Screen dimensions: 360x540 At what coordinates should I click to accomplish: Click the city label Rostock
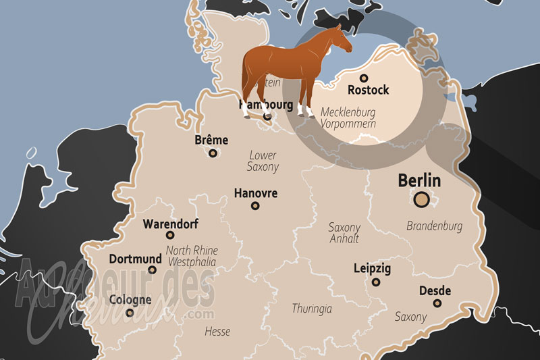[368, 90]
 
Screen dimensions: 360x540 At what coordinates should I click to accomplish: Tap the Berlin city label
[419, 181]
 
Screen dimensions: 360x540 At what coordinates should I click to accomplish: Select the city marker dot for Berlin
[423, 199]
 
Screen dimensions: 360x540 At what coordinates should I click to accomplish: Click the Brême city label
[211, 140]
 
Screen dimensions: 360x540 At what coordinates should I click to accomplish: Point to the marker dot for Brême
[213, 153]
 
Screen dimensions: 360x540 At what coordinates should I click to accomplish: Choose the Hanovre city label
[255, 193]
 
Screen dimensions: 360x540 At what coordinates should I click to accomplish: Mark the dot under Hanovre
[255, 206]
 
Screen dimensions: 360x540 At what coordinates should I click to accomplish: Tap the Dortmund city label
[136, 259]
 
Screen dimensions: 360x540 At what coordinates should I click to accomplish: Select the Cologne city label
[130, 299]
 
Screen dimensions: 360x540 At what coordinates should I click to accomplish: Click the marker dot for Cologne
[130, 312]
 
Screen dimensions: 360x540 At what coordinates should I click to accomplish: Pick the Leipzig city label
[372, 269]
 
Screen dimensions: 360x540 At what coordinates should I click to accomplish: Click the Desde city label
[435, 291]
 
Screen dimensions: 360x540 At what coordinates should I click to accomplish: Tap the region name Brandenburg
[434, 226]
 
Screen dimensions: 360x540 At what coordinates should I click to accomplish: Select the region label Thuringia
[312, 309]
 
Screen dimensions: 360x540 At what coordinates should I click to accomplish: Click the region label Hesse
[217, 332]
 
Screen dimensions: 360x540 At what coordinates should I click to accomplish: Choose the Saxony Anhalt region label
[344, 233]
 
